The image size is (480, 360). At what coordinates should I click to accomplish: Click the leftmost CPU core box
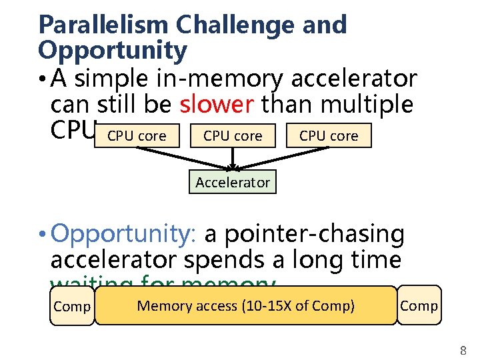137,136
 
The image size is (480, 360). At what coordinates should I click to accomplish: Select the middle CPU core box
233,136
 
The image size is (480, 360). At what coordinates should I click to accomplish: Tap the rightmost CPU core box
328,136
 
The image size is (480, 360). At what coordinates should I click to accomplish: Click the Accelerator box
233,182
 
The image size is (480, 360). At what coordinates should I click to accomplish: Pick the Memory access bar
245,306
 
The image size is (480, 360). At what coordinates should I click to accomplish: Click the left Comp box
72,307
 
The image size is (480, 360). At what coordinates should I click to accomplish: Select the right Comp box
419,305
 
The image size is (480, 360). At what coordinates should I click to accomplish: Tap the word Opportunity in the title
113,50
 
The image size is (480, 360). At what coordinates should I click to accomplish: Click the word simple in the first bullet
111,79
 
